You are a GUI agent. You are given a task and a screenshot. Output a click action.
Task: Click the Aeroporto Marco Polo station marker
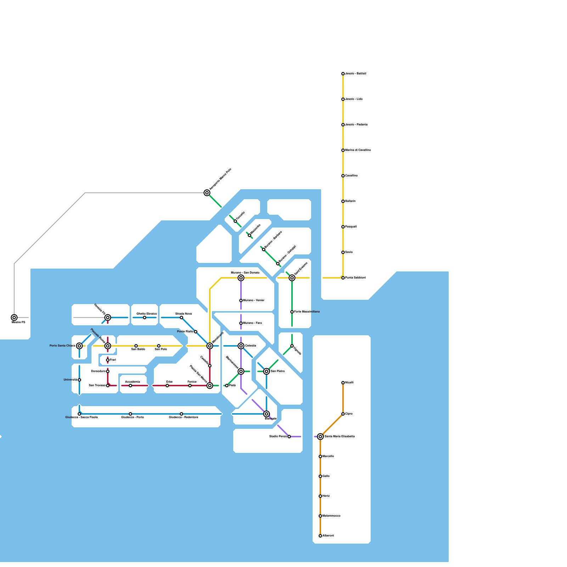point(207,193)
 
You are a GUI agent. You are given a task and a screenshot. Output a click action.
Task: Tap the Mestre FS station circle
point(14,318)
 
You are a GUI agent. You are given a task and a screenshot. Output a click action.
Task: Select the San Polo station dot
point(159,346)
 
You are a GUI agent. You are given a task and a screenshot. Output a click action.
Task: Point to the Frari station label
point(113,360)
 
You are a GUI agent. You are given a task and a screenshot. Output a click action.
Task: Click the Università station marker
point(79,380)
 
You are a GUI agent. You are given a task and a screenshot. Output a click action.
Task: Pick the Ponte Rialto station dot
point(196,332)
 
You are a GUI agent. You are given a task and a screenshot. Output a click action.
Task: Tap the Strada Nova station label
point(184,314)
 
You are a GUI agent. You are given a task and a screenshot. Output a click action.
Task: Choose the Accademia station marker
point(130,386)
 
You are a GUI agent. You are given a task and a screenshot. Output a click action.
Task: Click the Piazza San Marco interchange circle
point(210,386)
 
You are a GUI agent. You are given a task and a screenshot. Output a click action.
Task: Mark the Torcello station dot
point(235,221)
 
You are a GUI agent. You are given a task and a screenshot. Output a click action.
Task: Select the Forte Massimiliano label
point(307,312)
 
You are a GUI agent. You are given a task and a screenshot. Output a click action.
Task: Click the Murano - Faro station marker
point(241,323)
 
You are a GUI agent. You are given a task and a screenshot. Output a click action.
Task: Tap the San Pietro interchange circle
point(266,371)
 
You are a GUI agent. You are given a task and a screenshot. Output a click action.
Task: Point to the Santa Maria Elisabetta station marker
point(320,437)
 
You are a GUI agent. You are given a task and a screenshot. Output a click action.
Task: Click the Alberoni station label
point(328,536)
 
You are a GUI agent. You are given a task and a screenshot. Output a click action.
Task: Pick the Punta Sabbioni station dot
point(343,278)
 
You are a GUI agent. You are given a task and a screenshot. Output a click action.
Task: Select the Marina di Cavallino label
point(358,150)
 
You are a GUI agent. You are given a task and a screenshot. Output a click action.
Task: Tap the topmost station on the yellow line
point(343,74)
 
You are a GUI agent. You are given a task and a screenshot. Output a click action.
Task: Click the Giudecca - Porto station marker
point(130,414)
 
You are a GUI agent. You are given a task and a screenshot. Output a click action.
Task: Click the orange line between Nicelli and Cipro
point(343,398)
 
